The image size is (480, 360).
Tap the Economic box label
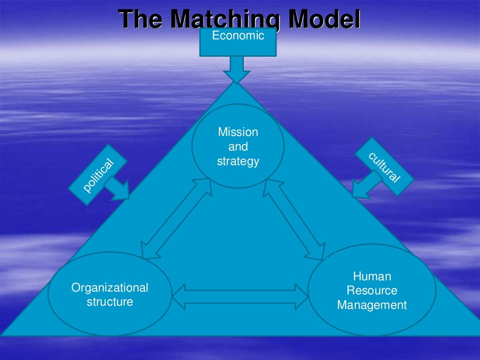coord(238,36)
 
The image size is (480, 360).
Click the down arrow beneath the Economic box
coord(237,69)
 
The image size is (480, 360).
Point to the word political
coord(98,176)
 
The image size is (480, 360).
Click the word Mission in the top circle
coord(238,132)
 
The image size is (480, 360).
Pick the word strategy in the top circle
coord(238,162)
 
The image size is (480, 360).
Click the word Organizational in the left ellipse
coord(110,287)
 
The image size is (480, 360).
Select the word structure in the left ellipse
coord(110,302)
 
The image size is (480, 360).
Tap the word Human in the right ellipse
coord(372,276)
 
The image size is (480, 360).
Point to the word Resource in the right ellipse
coord(372,291)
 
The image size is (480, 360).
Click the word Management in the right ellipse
coord(372,306)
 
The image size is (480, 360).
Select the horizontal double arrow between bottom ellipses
coord(240,296)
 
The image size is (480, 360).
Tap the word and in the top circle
coord(238,147)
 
